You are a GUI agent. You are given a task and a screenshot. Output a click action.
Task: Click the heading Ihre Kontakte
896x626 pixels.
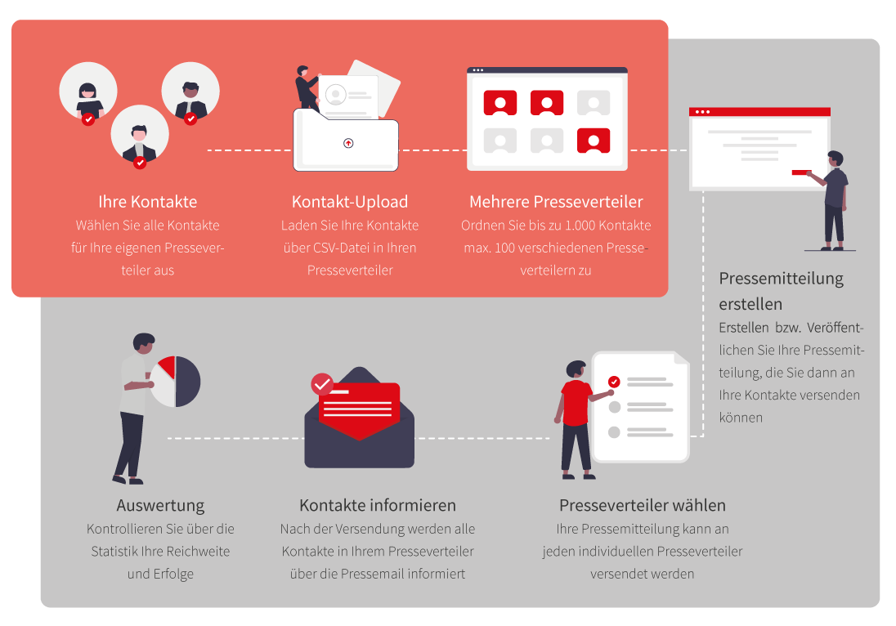pos(147,202)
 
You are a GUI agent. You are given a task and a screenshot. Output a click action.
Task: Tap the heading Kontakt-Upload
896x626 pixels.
pos(350,202)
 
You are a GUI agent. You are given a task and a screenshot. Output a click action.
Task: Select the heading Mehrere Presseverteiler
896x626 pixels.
pos(556,202)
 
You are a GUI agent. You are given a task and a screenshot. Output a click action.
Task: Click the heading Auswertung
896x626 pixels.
pos(160,506)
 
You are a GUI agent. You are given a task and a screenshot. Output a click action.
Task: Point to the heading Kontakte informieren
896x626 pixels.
pos(378,506)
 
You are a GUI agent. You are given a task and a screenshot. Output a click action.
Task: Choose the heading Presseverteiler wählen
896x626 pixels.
pos(643,506)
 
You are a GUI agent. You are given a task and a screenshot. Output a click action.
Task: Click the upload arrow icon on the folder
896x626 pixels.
pos(348,143)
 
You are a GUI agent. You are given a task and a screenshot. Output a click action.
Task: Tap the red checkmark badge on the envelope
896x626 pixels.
pos(322,384)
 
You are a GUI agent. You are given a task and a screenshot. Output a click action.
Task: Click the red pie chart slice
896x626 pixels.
pos(168,367)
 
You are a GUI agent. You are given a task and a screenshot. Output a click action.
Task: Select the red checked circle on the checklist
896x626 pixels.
pos(614,382)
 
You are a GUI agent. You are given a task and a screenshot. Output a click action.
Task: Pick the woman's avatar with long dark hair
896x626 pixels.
pos(88,92)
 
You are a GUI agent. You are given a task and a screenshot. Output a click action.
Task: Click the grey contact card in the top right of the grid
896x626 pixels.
pos(594,104)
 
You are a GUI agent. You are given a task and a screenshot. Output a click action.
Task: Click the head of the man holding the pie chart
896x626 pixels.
pos(143,342)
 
